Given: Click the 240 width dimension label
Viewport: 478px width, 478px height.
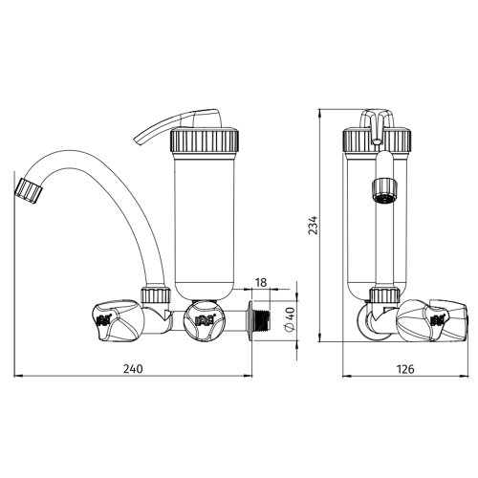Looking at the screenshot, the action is (133, 369).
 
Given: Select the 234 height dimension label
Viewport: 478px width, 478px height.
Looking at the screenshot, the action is (314, 226).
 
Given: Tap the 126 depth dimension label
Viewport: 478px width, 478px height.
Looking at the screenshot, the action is (405, 369).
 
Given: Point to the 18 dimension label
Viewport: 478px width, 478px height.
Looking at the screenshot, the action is (261, 282).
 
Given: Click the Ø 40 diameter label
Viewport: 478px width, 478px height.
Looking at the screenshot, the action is (292, 319).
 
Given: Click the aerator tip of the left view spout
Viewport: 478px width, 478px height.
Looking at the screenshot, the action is (29, 190).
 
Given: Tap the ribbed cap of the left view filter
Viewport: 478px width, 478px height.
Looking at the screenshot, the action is (205, 141).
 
